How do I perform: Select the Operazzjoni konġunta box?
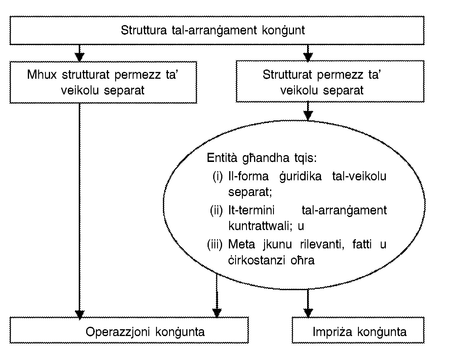[129, 330]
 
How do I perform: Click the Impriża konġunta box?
[358, 330]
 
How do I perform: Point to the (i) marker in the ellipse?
[217, 176]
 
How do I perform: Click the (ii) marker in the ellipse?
[216, 210]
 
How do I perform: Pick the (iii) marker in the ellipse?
[214, 245]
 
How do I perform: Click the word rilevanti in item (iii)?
[318, 245]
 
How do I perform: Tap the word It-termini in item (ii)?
[251, 210]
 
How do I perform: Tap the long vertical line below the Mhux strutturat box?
[79, 207]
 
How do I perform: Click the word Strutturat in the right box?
[288, 75]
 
